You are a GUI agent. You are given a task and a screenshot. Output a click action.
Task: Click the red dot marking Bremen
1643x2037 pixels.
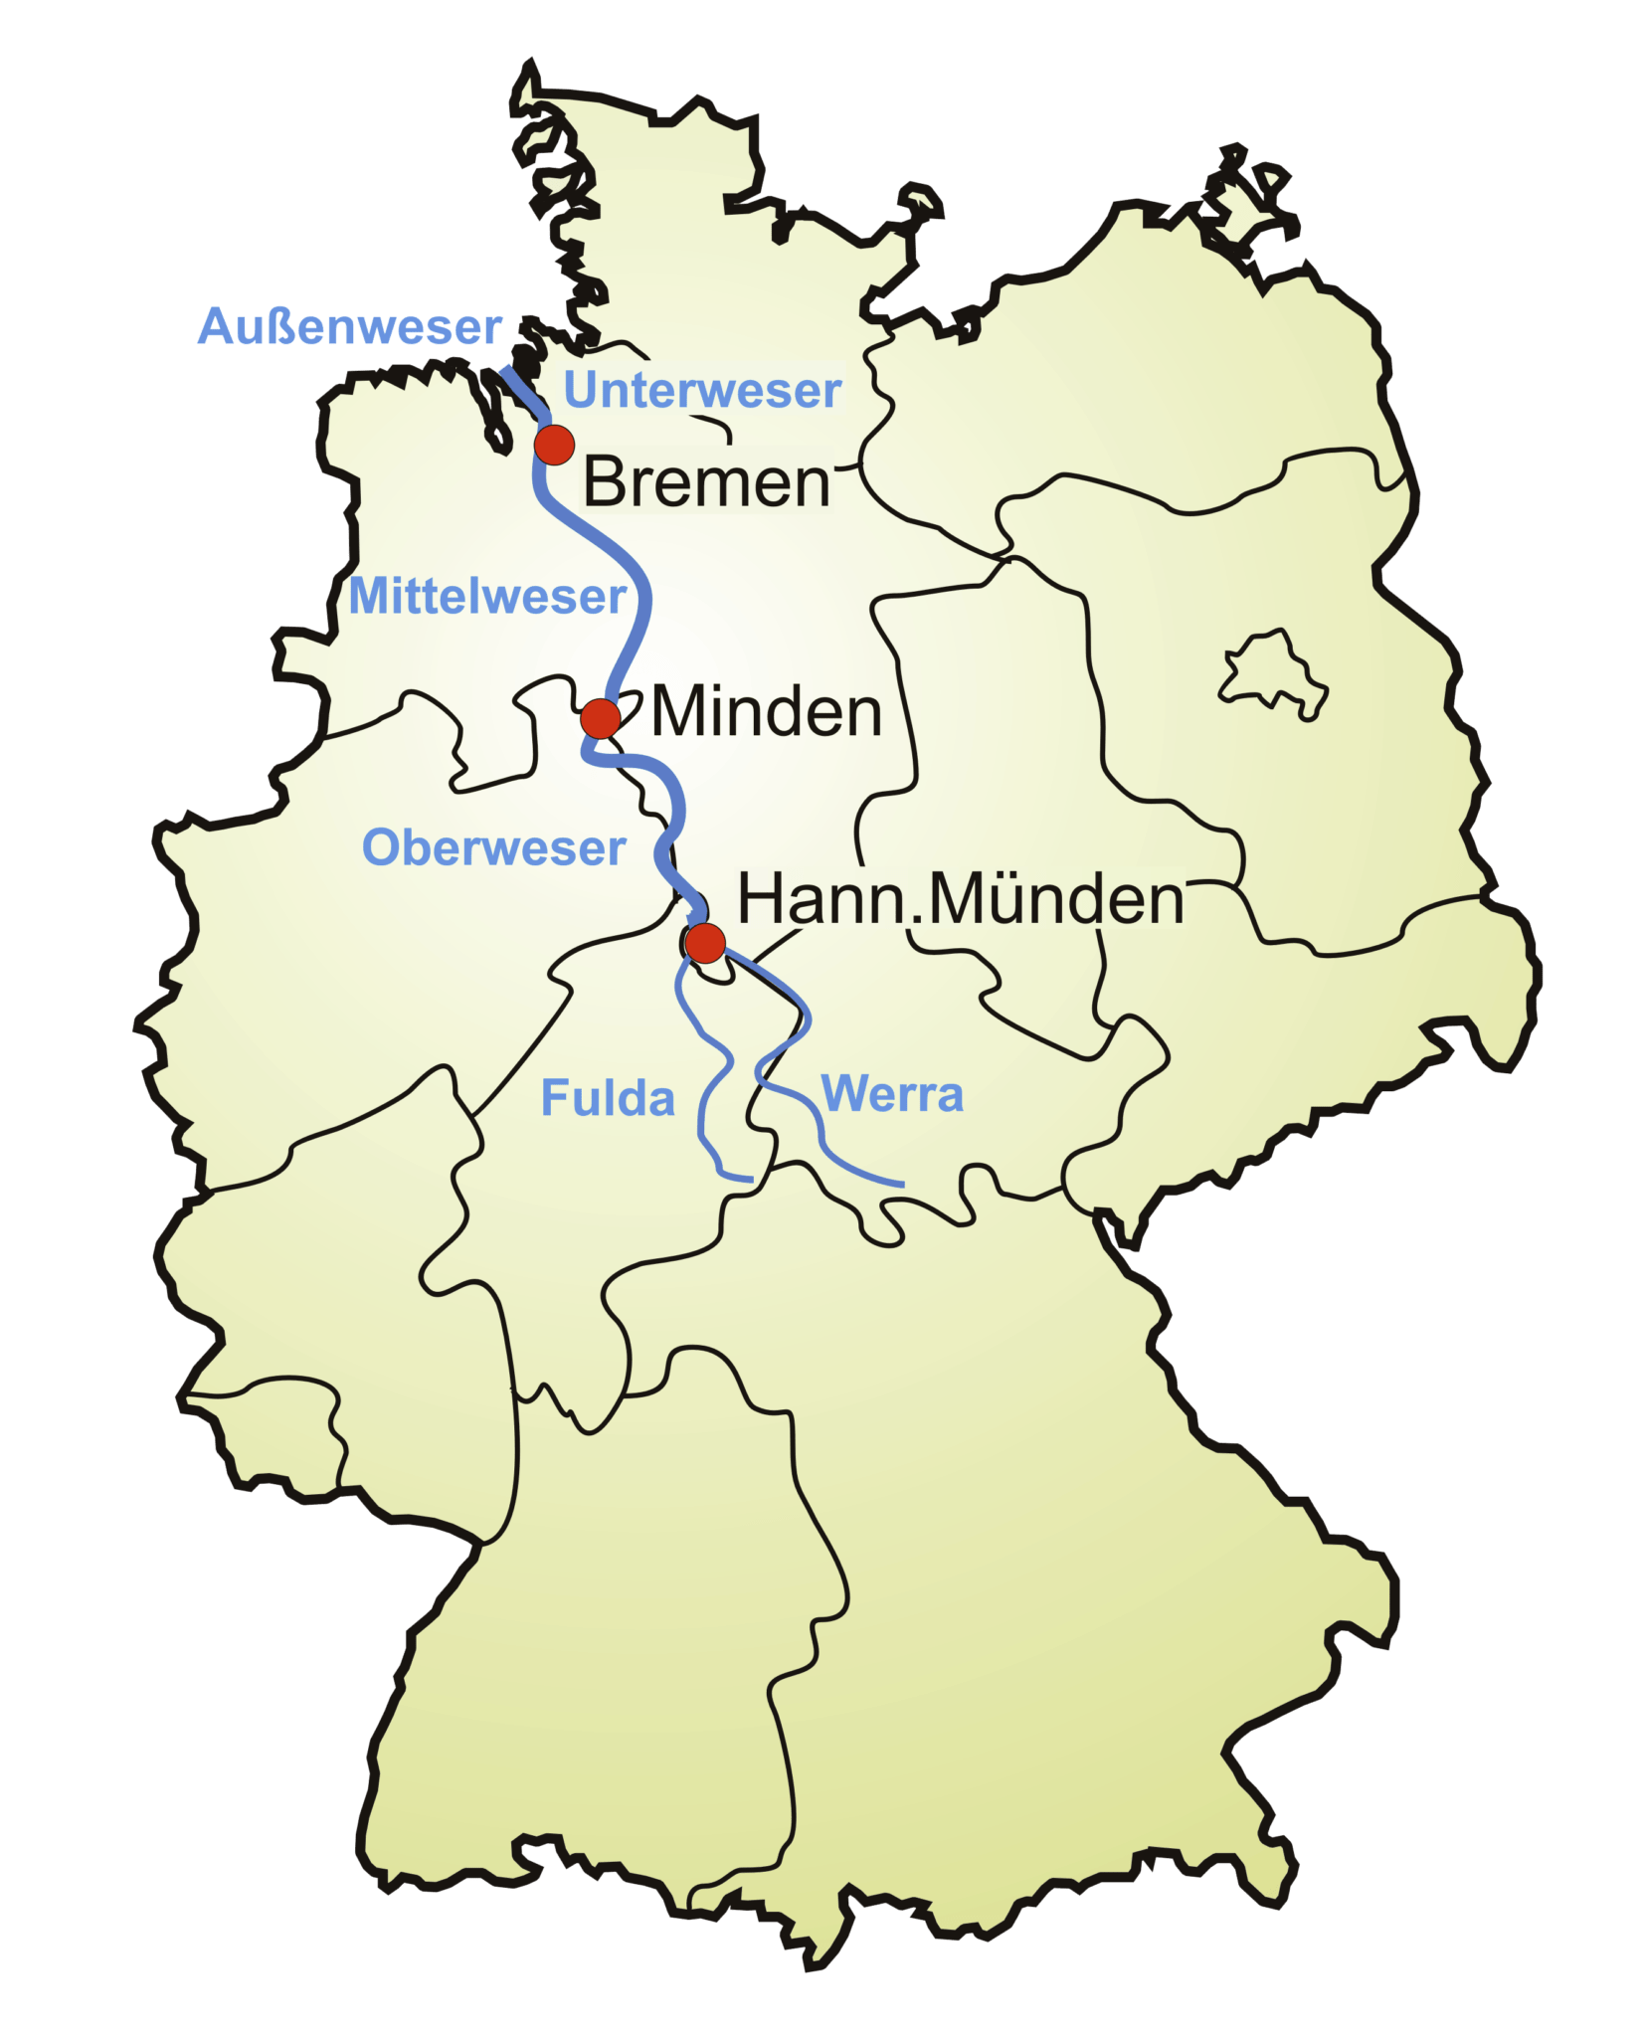coord(554,444)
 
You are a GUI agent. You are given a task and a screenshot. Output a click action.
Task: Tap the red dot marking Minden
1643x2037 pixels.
coord(600,717)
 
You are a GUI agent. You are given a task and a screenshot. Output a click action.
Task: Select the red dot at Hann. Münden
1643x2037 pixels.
coord(705,942)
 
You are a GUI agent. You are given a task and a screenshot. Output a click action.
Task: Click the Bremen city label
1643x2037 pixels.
coord(706,483)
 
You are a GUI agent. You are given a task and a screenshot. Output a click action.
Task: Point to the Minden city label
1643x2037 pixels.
coord(766,713)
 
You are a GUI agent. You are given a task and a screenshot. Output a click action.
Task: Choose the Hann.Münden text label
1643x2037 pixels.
coord(960,900)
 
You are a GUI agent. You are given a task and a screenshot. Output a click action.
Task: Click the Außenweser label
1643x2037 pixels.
coord(350,327)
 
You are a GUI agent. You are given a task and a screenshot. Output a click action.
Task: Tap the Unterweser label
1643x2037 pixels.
coord(702,391)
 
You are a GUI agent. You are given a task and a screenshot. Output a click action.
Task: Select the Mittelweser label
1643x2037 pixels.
coord(487,597)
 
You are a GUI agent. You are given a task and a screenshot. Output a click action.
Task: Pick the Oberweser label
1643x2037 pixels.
coord(493,848)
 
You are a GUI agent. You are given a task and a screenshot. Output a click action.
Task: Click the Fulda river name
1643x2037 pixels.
coord(608,1099)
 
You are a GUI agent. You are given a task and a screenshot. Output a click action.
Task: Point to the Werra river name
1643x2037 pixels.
coord(892,1094)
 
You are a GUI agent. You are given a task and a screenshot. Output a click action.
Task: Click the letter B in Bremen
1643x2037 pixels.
coord(606,483)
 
